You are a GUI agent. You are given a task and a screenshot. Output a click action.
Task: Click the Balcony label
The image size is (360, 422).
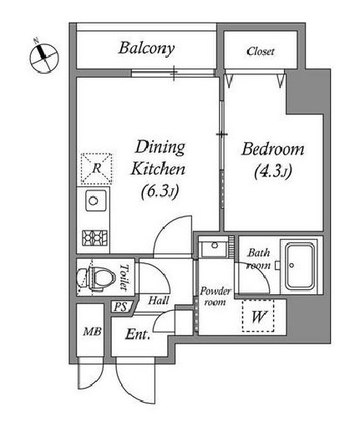point(146,48)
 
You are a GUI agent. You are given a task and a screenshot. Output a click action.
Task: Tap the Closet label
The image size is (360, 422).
point(261,51)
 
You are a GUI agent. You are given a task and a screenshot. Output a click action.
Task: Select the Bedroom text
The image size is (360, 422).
point(272,149)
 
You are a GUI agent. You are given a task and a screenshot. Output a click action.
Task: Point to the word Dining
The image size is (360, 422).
point(160,148)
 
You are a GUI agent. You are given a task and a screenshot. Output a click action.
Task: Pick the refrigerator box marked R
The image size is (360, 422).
point(96,169)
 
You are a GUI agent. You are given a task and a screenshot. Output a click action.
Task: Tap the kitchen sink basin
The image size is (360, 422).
point(95,201)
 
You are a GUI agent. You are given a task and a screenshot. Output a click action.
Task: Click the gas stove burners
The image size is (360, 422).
point(94,238)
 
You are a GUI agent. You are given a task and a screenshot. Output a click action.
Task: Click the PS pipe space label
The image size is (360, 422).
point(120,307)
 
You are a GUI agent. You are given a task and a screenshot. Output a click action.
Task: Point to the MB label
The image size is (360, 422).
point(92,332)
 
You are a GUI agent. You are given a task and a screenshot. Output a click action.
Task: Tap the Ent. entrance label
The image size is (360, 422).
point(138,334)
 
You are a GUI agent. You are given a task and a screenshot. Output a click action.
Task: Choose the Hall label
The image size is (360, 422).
point(159,300)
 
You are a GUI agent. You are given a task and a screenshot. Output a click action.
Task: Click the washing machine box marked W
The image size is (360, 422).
point(258,316)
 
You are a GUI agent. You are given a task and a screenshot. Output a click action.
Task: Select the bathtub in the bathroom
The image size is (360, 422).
point(300,266)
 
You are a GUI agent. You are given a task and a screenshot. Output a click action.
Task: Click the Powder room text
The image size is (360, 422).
point(215,297)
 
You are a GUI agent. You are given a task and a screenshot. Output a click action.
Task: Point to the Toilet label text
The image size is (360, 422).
point(124,277)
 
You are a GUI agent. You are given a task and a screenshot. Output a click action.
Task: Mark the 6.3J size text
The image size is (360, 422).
point(160,191)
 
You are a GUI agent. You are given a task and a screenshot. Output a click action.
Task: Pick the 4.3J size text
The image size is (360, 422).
point(272,171)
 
